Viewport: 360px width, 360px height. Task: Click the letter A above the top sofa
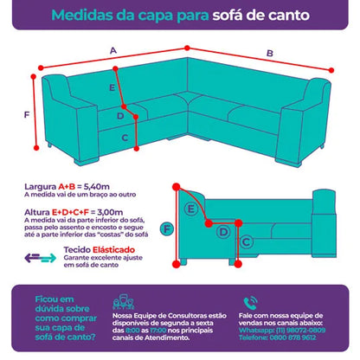pyautogui.click(x=113, y=51)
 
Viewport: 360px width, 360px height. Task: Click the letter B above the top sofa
pyautogui.click(x=269, y=54)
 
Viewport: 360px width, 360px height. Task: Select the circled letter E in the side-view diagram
pyautogui.click(x=191, y=209)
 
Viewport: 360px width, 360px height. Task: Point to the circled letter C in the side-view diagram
pyautogui.click(x=246, y=241)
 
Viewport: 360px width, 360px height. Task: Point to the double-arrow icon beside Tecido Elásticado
pyautogui.click(x=40, y=256)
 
